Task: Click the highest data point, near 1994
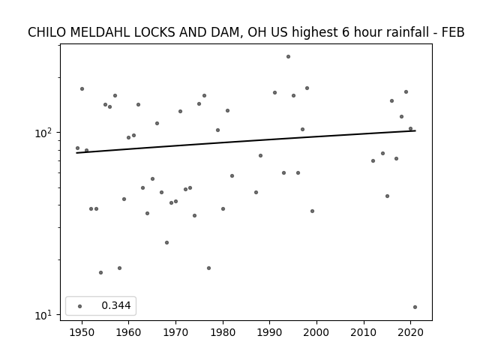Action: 288,57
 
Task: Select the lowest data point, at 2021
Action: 415,307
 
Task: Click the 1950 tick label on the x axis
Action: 82,332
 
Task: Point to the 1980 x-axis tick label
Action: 223,332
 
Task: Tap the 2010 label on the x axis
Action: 364,332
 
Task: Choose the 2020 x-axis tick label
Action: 410,332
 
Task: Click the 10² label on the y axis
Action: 44,133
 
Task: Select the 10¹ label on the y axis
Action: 44,315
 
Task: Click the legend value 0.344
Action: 116,305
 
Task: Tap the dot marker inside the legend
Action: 79,306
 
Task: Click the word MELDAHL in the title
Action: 100,32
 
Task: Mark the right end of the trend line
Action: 415,130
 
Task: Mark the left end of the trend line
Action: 76,153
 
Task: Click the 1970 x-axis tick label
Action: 175,332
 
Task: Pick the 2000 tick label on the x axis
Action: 316,332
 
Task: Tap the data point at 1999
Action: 312,211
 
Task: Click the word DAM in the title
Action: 226,32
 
